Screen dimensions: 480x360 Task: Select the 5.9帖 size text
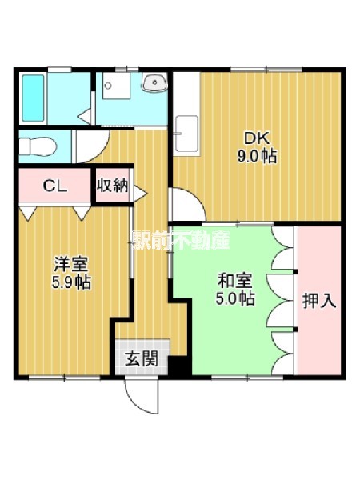click(71, 282)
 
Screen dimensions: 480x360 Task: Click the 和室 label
click(234, 281)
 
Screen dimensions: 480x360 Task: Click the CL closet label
click(54, 187)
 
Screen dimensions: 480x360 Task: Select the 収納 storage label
click(112, 186)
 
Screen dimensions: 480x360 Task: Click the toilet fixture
click(38, 146)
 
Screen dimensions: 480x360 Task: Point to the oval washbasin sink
click(153, 82)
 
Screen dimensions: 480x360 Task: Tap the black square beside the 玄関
click(177, 366)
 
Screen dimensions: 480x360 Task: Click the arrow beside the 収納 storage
click(140, 192)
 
